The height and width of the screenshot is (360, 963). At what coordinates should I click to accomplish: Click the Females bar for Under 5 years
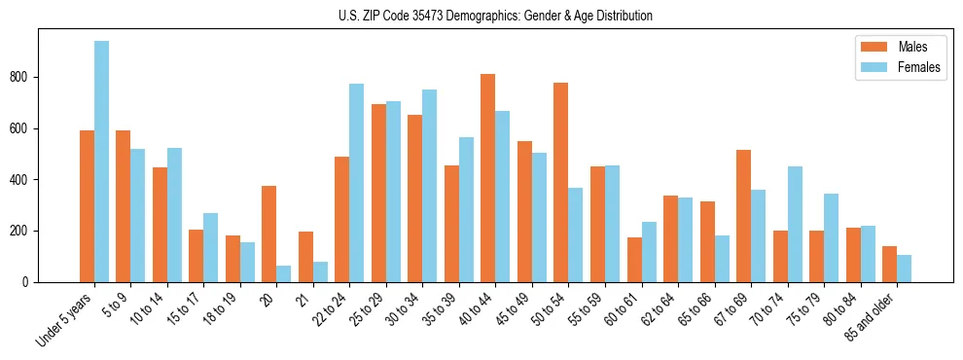tap(101, 162)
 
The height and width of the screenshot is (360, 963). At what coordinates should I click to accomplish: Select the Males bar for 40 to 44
tap(488, 178)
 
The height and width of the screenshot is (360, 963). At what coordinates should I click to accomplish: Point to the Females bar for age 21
tap(320, 272)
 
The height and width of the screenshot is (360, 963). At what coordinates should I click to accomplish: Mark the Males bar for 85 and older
tap(889, 265)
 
